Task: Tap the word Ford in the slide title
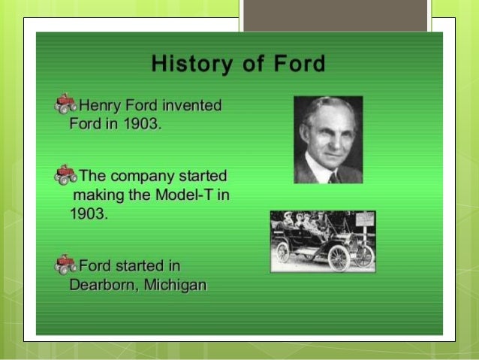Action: tap(300, 63)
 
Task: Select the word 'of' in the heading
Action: tap(254, 63)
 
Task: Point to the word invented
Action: tap(191, 105)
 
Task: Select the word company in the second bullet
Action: tap(144, 177)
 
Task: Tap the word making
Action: tap(100, 195)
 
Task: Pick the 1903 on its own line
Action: tap(88, 213)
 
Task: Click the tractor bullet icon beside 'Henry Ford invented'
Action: tap(65, 104)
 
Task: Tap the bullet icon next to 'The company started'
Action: tap(65, 175)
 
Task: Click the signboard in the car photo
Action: tap(363, 219)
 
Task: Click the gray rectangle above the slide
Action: tap(335, 15)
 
